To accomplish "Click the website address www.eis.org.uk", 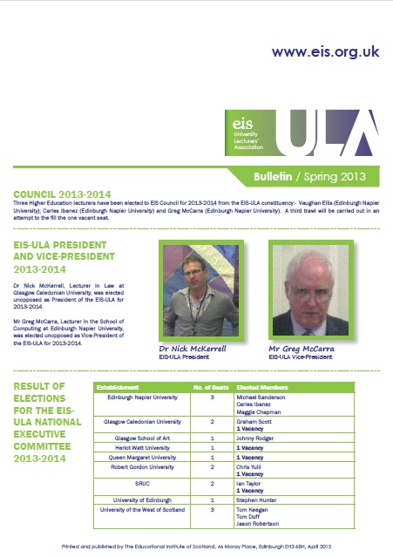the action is (325, 51).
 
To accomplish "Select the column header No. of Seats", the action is (209, 386).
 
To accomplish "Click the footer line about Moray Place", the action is (196, 547).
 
